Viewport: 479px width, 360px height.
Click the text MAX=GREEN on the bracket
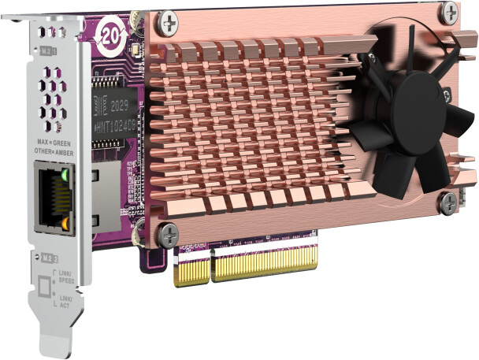pos(54,143)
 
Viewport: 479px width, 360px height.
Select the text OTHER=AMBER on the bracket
pos(54,151)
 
